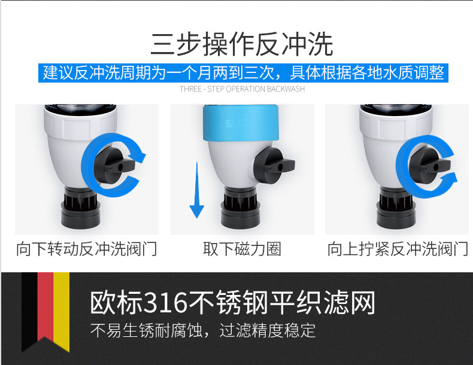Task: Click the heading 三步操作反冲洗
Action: click(x=242, y=44)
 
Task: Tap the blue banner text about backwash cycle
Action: click(x=243, y=72)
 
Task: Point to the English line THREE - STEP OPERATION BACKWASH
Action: click(x=242, y=89)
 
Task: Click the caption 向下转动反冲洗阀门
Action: click(x=87, y=249)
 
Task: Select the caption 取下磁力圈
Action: click(x=242, y=249)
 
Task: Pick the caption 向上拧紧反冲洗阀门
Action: click(x=398, y=249)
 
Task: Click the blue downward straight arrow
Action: click(x=196, y=190)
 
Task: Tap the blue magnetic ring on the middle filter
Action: click(x=241, y=123)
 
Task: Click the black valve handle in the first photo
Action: click(x=114, y=165)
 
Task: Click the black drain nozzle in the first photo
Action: click(x=81, y=208)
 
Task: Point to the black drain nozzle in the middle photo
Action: click(x=240, y=208)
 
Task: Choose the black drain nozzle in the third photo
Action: click(x=395, y=208)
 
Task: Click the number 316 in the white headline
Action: click(x=165, y=302)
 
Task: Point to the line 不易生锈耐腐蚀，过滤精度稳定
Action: click(x=203, y=330)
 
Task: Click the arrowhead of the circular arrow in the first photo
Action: click(x=138, y=155)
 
